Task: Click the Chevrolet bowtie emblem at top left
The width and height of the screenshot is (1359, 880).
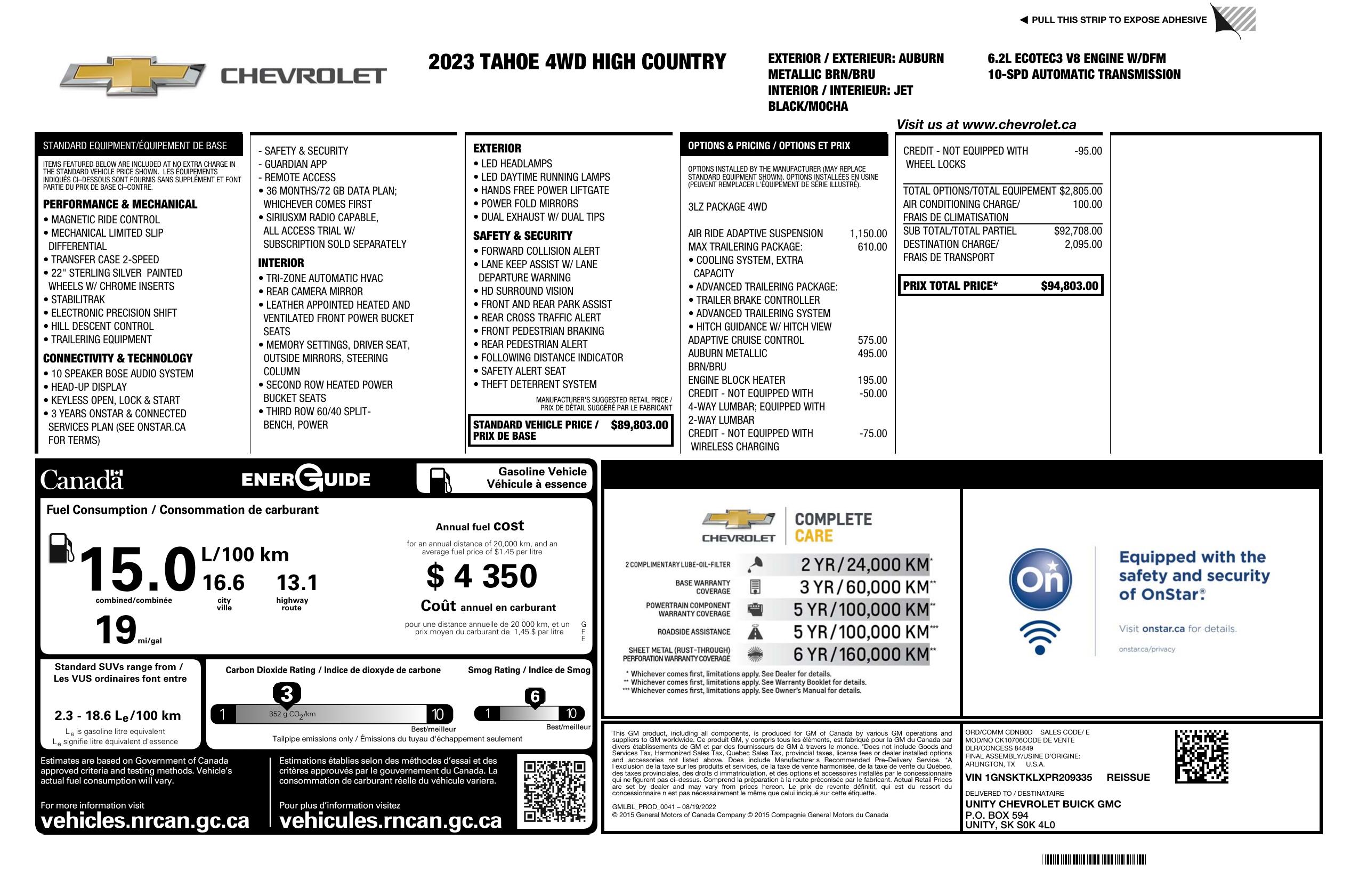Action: [133, 76]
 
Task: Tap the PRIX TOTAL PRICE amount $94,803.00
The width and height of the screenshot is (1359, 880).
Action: [1069, 286]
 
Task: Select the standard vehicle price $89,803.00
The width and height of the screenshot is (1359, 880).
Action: [639, 425]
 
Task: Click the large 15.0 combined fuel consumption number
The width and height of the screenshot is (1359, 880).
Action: [137, 569]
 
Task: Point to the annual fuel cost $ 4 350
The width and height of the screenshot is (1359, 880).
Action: [481, 576]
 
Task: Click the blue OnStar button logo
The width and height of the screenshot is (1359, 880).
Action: [1040, 579]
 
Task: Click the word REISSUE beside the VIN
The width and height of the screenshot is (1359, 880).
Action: [1128, 777]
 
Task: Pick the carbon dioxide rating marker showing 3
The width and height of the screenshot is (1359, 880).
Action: [287, 695]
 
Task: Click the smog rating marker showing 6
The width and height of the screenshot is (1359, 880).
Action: [535, 697]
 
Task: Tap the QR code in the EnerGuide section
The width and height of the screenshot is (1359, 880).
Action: [554, 791]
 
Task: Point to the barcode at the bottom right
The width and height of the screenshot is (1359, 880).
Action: [1094, 859]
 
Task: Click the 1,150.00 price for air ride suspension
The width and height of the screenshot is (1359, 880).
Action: [868, 233]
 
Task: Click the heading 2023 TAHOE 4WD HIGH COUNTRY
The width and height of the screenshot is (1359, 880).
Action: [577, 62]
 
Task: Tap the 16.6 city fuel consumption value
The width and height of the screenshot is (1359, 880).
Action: [223, 583]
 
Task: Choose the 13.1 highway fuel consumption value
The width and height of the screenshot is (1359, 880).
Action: [297, 583]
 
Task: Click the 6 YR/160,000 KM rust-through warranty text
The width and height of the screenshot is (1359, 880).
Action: [861, 654]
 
